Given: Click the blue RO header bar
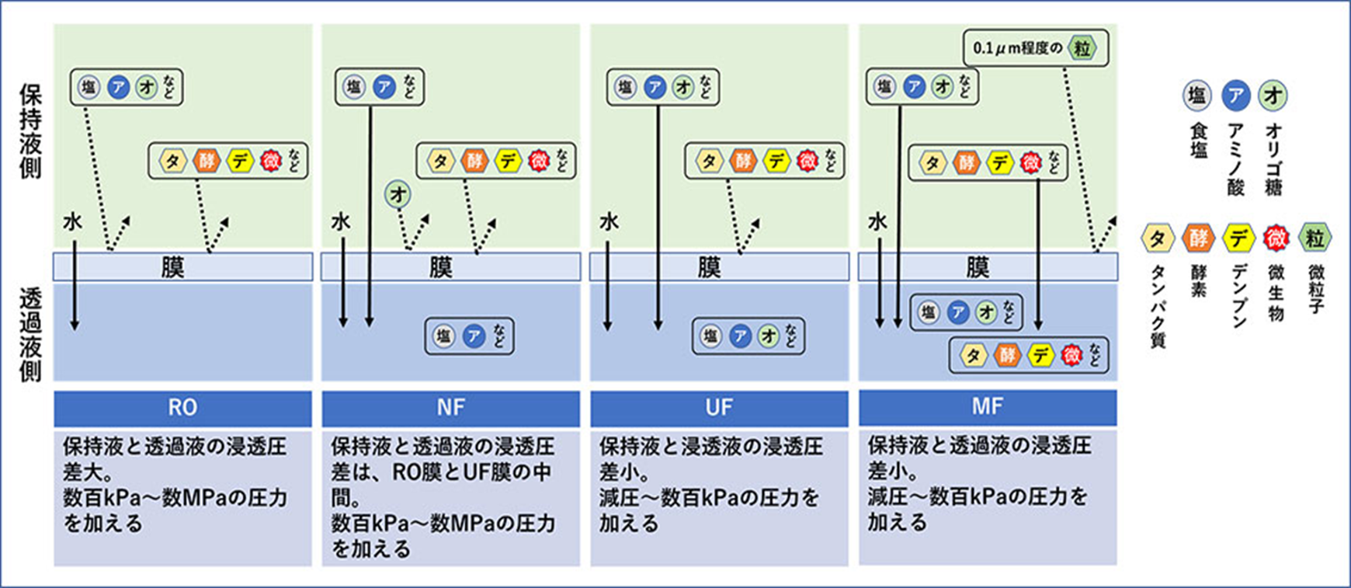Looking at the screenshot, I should (x=182, y=408).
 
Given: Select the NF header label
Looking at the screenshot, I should (x=450, y=408).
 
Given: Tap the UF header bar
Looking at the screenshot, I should (x=719, y=408).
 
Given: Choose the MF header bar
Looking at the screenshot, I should (x=988, y=407).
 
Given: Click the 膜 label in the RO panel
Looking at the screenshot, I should (x=172, y=267).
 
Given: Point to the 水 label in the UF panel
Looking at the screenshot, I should (x=609, y=222).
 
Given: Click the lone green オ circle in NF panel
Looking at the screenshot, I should (x=398, y=194).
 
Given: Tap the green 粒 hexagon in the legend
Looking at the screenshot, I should (x=1315, y=238).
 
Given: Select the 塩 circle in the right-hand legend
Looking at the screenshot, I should (x=1196, y=96).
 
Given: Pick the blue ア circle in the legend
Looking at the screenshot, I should (x=1235, y=96).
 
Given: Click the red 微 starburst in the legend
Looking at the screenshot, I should (x=1276, y=238).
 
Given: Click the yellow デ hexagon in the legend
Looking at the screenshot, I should (x=1238, y=238).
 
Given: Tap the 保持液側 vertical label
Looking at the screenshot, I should (x=30, y=132).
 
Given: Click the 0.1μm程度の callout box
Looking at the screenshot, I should (x=1035, y=48).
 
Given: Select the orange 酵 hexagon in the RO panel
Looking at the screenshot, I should (x=207, y=161).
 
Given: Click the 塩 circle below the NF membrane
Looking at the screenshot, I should (x=443, y=336).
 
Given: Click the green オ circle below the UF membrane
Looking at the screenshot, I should (x=768, y=336).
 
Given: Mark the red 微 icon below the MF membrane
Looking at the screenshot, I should (x=1071, y=356).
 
